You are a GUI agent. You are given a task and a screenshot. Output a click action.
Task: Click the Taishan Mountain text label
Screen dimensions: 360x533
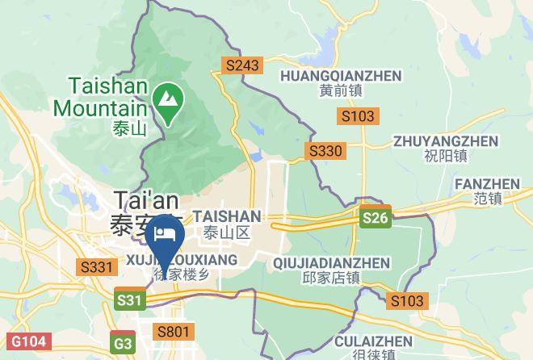coord(101,95)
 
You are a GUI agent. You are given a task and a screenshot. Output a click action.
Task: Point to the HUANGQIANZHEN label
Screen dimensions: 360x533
coord(340,75)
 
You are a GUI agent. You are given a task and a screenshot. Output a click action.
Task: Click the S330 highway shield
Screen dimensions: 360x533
coord(325,151)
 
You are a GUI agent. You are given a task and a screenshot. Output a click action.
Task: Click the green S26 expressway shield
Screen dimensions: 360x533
coord(376,218)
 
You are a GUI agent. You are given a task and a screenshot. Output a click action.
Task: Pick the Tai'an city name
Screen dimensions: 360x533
coord(145,199)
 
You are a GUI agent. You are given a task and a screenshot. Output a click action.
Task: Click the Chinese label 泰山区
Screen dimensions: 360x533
coord(228,233)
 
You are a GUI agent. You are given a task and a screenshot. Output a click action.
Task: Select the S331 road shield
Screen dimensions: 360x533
coord(97,266)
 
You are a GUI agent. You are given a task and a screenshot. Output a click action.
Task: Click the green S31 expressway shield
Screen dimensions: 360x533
coord(130,301)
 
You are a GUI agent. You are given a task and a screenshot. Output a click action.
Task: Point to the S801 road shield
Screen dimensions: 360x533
coord(174,331)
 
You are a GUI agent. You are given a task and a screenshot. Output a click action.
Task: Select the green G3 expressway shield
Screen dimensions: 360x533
coord(124,344)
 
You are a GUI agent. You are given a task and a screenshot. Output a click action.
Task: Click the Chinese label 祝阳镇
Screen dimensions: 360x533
coord(440,156)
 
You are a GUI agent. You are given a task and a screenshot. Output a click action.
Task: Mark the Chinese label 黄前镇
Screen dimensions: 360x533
coord(340,90)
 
